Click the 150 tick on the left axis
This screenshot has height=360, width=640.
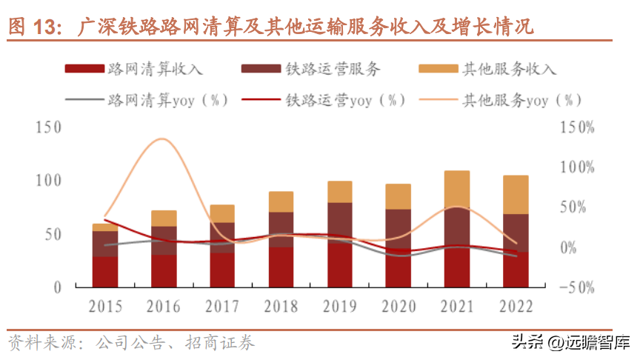[x=47, y=127]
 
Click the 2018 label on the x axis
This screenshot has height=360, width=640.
[x=281, y=305]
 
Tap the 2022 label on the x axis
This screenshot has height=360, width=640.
[x=516, y=305]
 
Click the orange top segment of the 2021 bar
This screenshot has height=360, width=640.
[x=457, y=189]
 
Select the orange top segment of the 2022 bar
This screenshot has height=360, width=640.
[x=516, y=195]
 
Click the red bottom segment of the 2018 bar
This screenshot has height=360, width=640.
[x=281, y=267]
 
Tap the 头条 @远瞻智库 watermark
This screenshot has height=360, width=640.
[x=570, y=343]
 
